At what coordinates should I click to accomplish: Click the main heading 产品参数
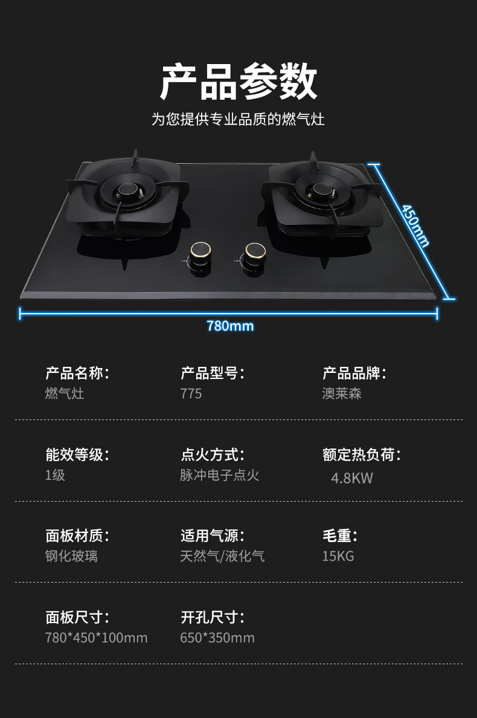tap(238, 82)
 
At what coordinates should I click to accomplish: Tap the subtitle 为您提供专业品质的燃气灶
tap(238, 119)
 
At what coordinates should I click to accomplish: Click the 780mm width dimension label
tap(230, 326)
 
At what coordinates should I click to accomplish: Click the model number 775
tap(191, 393)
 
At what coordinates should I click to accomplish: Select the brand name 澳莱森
tap(342, 393)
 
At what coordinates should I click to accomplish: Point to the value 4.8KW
tap(352, 478)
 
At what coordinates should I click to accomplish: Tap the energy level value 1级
tap(55, 475)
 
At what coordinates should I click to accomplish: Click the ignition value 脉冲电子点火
tap(220, 475)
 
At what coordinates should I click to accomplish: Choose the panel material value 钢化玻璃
tap(71, 556)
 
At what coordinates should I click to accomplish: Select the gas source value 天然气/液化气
tap(222, 556)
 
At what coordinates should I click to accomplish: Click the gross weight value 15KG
tap(338, 556)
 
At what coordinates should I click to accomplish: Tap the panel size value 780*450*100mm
tap(96, 638)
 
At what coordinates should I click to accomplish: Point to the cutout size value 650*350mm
tap(217, 638)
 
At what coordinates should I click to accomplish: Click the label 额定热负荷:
tap(362, 454)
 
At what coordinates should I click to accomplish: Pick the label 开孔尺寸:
tap(213, 617)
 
